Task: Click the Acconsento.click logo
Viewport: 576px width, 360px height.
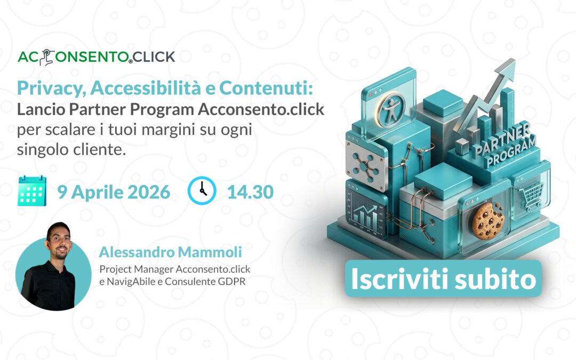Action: click(97, 57)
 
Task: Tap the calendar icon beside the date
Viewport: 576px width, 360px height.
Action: click(32, 191)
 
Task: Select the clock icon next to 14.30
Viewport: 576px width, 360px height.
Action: click(202, 191)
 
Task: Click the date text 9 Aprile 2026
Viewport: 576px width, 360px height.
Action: click(114, 191)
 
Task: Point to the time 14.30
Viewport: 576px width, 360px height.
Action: click(250, 191)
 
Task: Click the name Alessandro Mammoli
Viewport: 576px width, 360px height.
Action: click(174, 252)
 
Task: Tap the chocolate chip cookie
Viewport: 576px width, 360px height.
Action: click(487, 220)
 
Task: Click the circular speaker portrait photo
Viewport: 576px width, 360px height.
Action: click(53, 271)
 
